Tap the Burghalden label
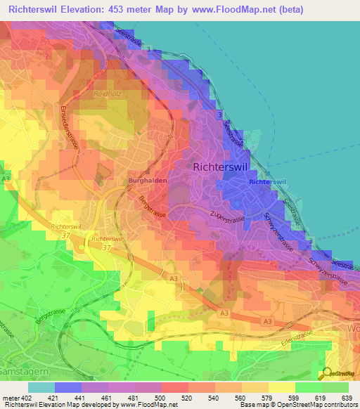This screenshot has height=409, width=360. point(147,181)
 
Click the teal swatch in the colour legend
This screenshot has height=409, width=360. point(41,387)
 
